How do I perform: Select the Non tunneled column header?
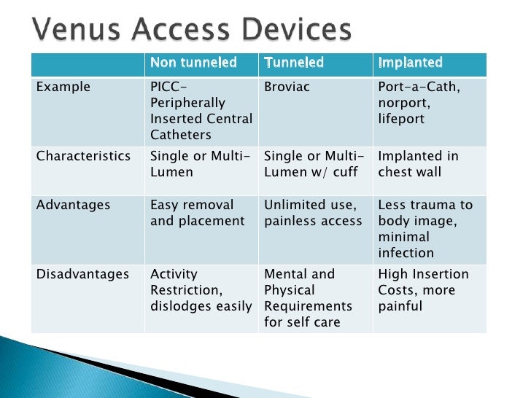coord(193,63)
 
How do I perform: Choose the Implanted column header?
coord(410,63)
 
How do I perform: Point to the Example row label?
coord(63,87)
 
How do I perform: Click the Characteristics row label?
coord(83,156)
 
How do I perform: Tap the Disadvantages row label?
coord(82,274)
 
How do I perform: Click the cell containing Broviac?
coord(287,87)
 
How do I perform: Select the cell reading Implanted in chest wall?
coord(418,164)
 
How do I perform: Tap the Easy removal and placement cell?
coord(197,213)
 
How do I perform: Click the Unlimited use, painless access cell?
coord(312,213)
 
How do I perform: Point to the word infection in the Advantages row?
coord(406,253)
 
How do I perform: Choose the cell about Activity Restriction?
coord(200,289)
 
